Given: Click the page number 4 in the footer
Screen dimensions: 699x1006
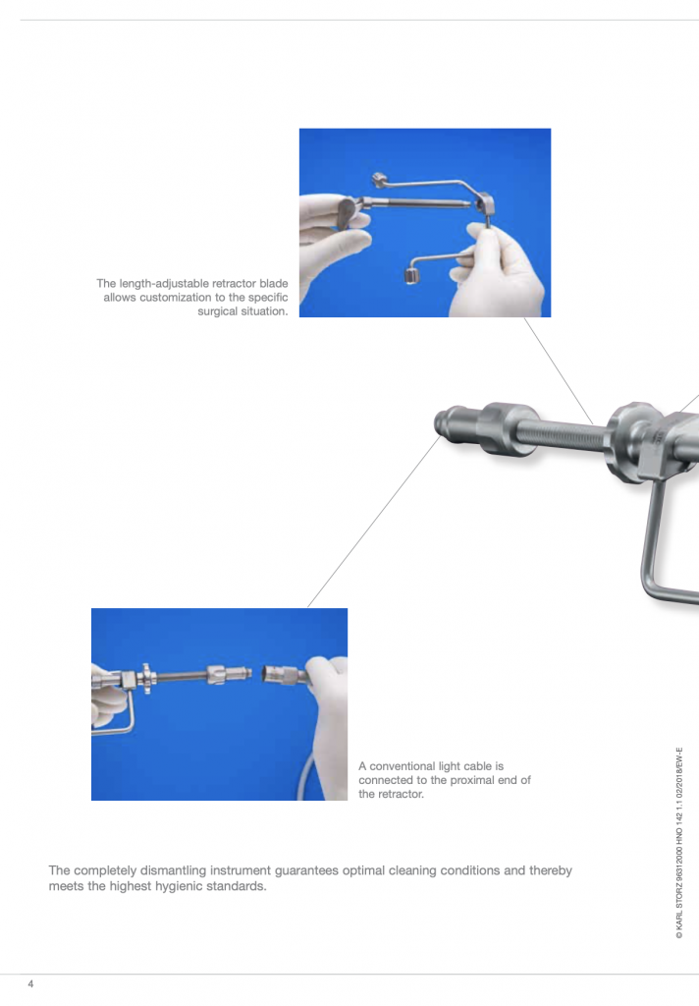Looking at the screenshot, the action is click(x=30, y=983).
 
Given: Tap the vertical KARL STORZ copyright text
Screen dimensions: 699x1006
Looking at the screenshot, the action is click(x=679, y=843).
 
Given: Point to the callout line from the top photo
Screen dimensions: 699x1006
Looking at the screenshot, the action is click(x=559, y=371).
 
